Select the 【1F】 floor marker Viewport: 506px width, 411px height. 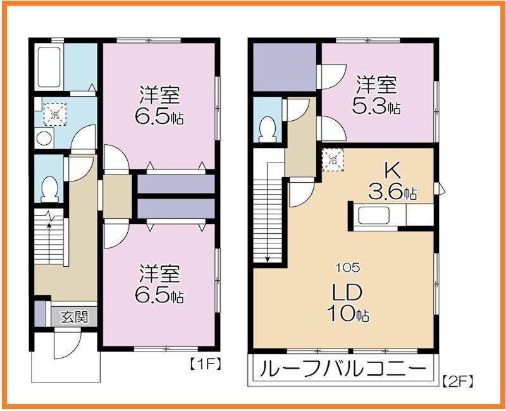click(204, 365)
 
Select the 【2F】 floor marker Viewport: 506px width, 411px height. click(458, 381)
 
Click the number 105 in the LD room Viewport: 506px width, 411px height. click(344, 267)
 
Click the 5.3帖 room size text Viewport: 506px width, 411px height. click(377, 107)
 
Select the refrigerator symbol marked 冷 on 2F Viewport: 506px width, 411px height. click(333, 159)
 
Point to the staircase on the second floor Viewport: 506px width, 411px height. click(268, 212)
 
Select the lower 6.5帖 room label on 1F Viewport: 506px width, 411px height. click(159, 284)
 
